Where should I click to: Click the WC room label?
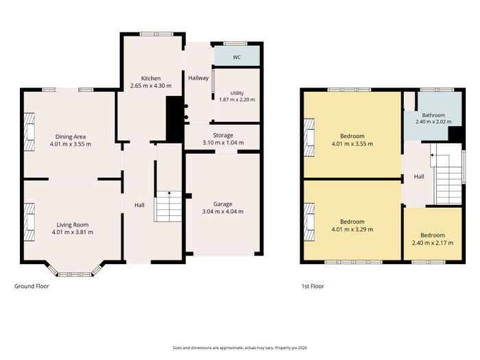tap(237, 57)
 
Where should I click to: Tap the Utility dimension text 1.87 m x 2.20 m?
tap(237, 99)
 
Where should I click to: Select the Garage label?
tap(223, 204)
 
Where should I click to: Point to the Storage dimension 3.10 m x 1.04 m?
tap(223, 143)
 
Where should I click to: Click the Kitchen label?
tap(151, 78)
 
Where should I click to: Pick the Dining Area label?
tap(71, 136)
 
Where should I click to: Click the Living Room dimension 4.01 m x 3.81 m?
tap(73, 232)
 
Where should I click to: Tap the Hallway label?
tap(198, 78)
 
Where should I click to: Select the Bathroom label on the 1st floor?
tap(433, 115)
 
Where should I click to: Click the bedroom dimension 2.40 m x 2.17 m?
tap(433, 243)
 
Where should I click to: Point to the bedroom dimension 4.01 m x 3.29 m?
tap(352, 229)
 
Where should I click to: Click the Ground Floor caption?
tap(32, 286)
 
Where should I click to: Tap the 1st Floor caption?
tap(313, 286)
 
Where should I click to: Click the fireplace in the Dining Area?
tap(29, 131)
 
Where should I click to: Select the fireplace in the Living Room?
tap(29, 222)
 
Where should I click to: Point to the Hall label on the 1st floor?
tap(419, 177)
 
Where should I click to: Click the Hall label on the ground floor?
tap(139, 205)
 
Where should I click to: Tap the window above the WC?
tap(235, 43)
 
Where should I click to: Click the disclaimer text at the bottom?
tap(240, 348)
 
